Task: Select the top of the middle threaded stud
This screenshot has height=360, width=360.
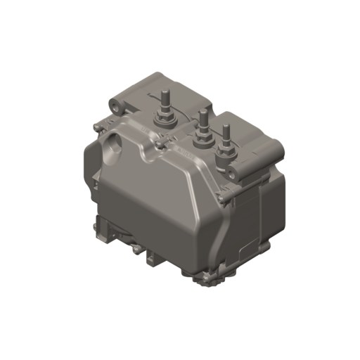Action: [x=202, y=112]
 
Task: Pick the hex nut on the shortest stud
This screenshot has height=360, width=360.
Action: [x=226, y=150]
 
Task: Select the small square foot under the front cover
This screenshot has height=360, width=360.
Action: [x=153, y=259]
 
